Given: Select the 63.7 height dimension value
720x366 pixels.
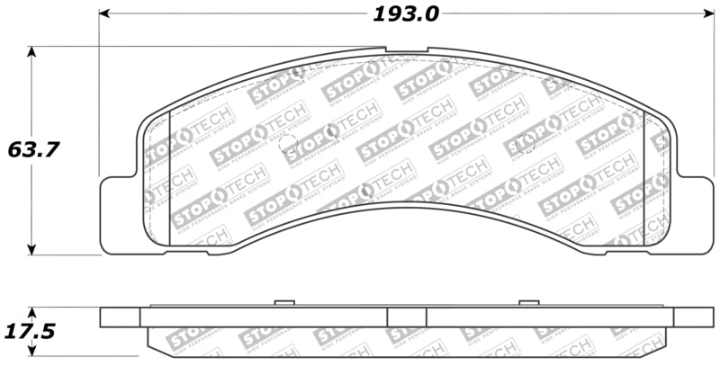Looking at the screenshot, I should (x=33, y=149).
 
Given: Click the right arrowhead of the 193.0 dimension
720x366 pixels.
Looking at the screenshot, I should (x=706, y=14).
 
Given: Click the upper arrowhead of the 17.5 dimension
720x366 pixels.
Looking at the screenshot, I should (x=33, y=312).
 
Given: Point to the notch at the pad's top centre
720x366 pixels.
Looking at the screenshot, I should (x=407, y=50).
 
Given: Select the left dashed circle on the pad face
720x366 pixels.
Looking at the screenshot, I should (x=289, y=144).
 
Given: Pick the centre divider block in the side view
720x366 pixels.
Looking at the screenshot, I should (x=406, y=317).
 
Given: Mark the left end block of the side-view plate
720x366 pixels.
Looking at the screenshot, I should (x=120, y=317).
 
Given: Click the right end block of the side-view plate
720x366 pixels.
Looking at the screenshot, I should (x=693, y=317).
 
